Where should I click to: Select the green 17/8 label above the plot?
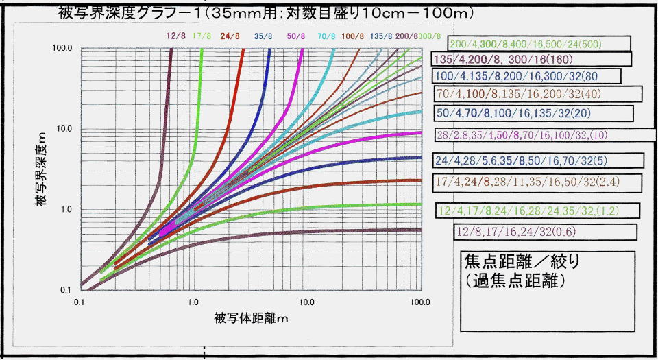pyautogui.click(x=202, y=36)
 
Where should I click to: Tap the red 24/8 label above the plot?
pyautogui.click(x=230, y=36)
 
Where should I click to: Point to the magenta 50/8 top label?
pyautogui.click(x=296, y=36)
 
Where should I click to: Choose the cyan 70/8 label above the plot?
pyautogui.click(x=327, y=36)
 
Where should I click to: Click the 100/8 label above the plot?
pyautogui.click(x=353, y=36)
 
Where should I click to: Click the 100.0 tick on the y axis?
pyautogui.click(x=64, y=49)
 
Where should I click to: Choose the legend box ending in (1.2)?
pyautogui.click(x=537, y=210)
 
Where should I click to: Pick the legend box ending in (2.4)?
pyautogui.click(x=538, y=182)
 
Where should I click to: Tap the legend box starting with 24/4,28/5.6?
pyautogui.click(x=538, y=160)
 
